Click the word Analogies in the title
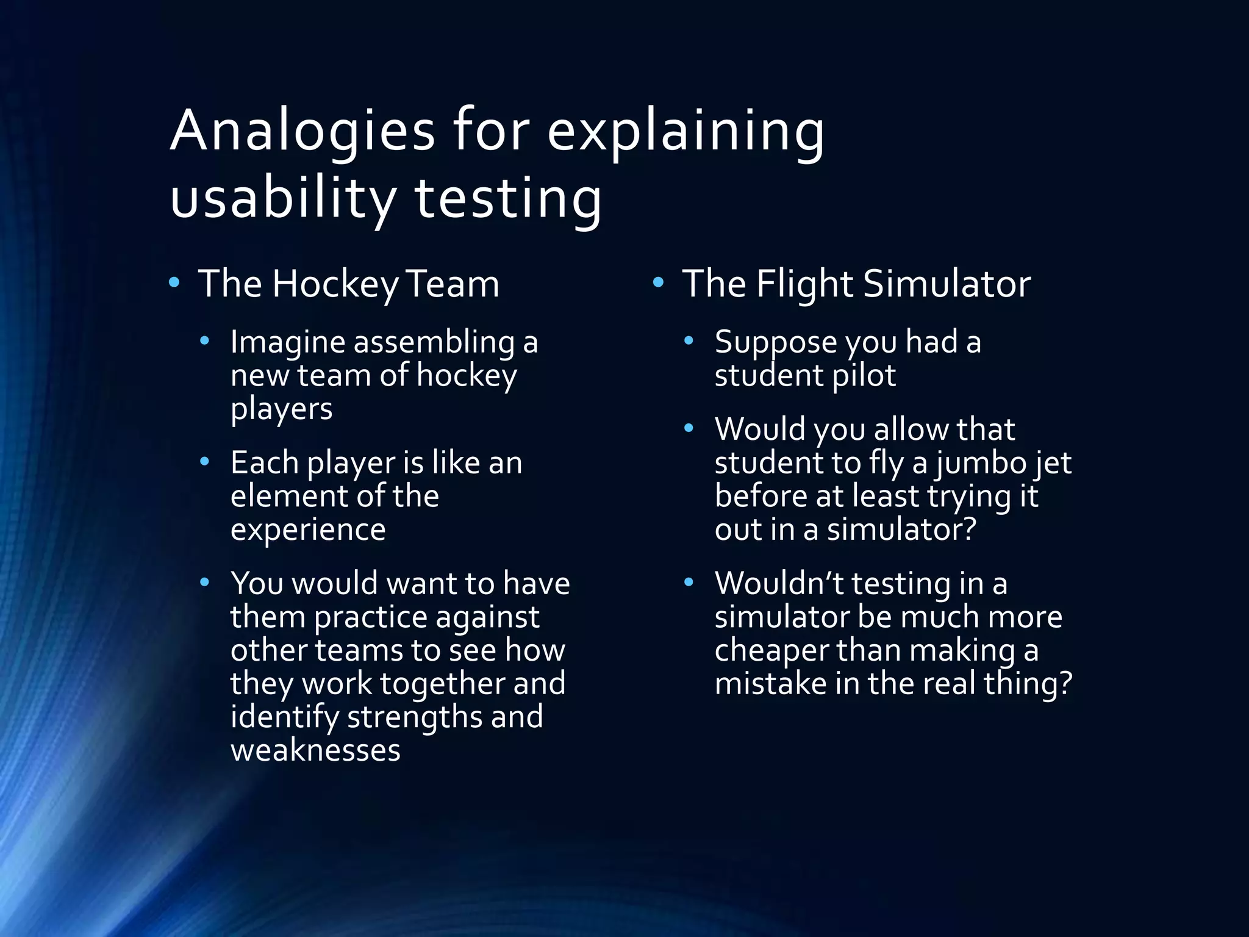click(x=302, y=131)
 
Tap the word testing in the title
click(x=508, y=198)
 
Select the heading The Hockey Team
click(x=349, y=284)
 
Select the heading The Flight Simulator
click(x=856, y=284)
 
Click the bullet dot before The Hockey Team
click(x=174, y=282)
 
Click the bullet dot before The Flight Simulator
click(x=658, y=282)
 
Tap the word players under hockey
click(x=281, y=409)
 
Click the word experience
click(x=308, y=530)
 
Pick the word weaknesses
click(x=315, y=750)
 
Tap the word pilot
click(x=864, y=375)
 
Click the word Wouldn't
click(x=779, y=584)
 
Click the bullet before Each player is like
click(x=205, y=461)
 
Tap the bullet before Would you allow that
click(x=689, y=428)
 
